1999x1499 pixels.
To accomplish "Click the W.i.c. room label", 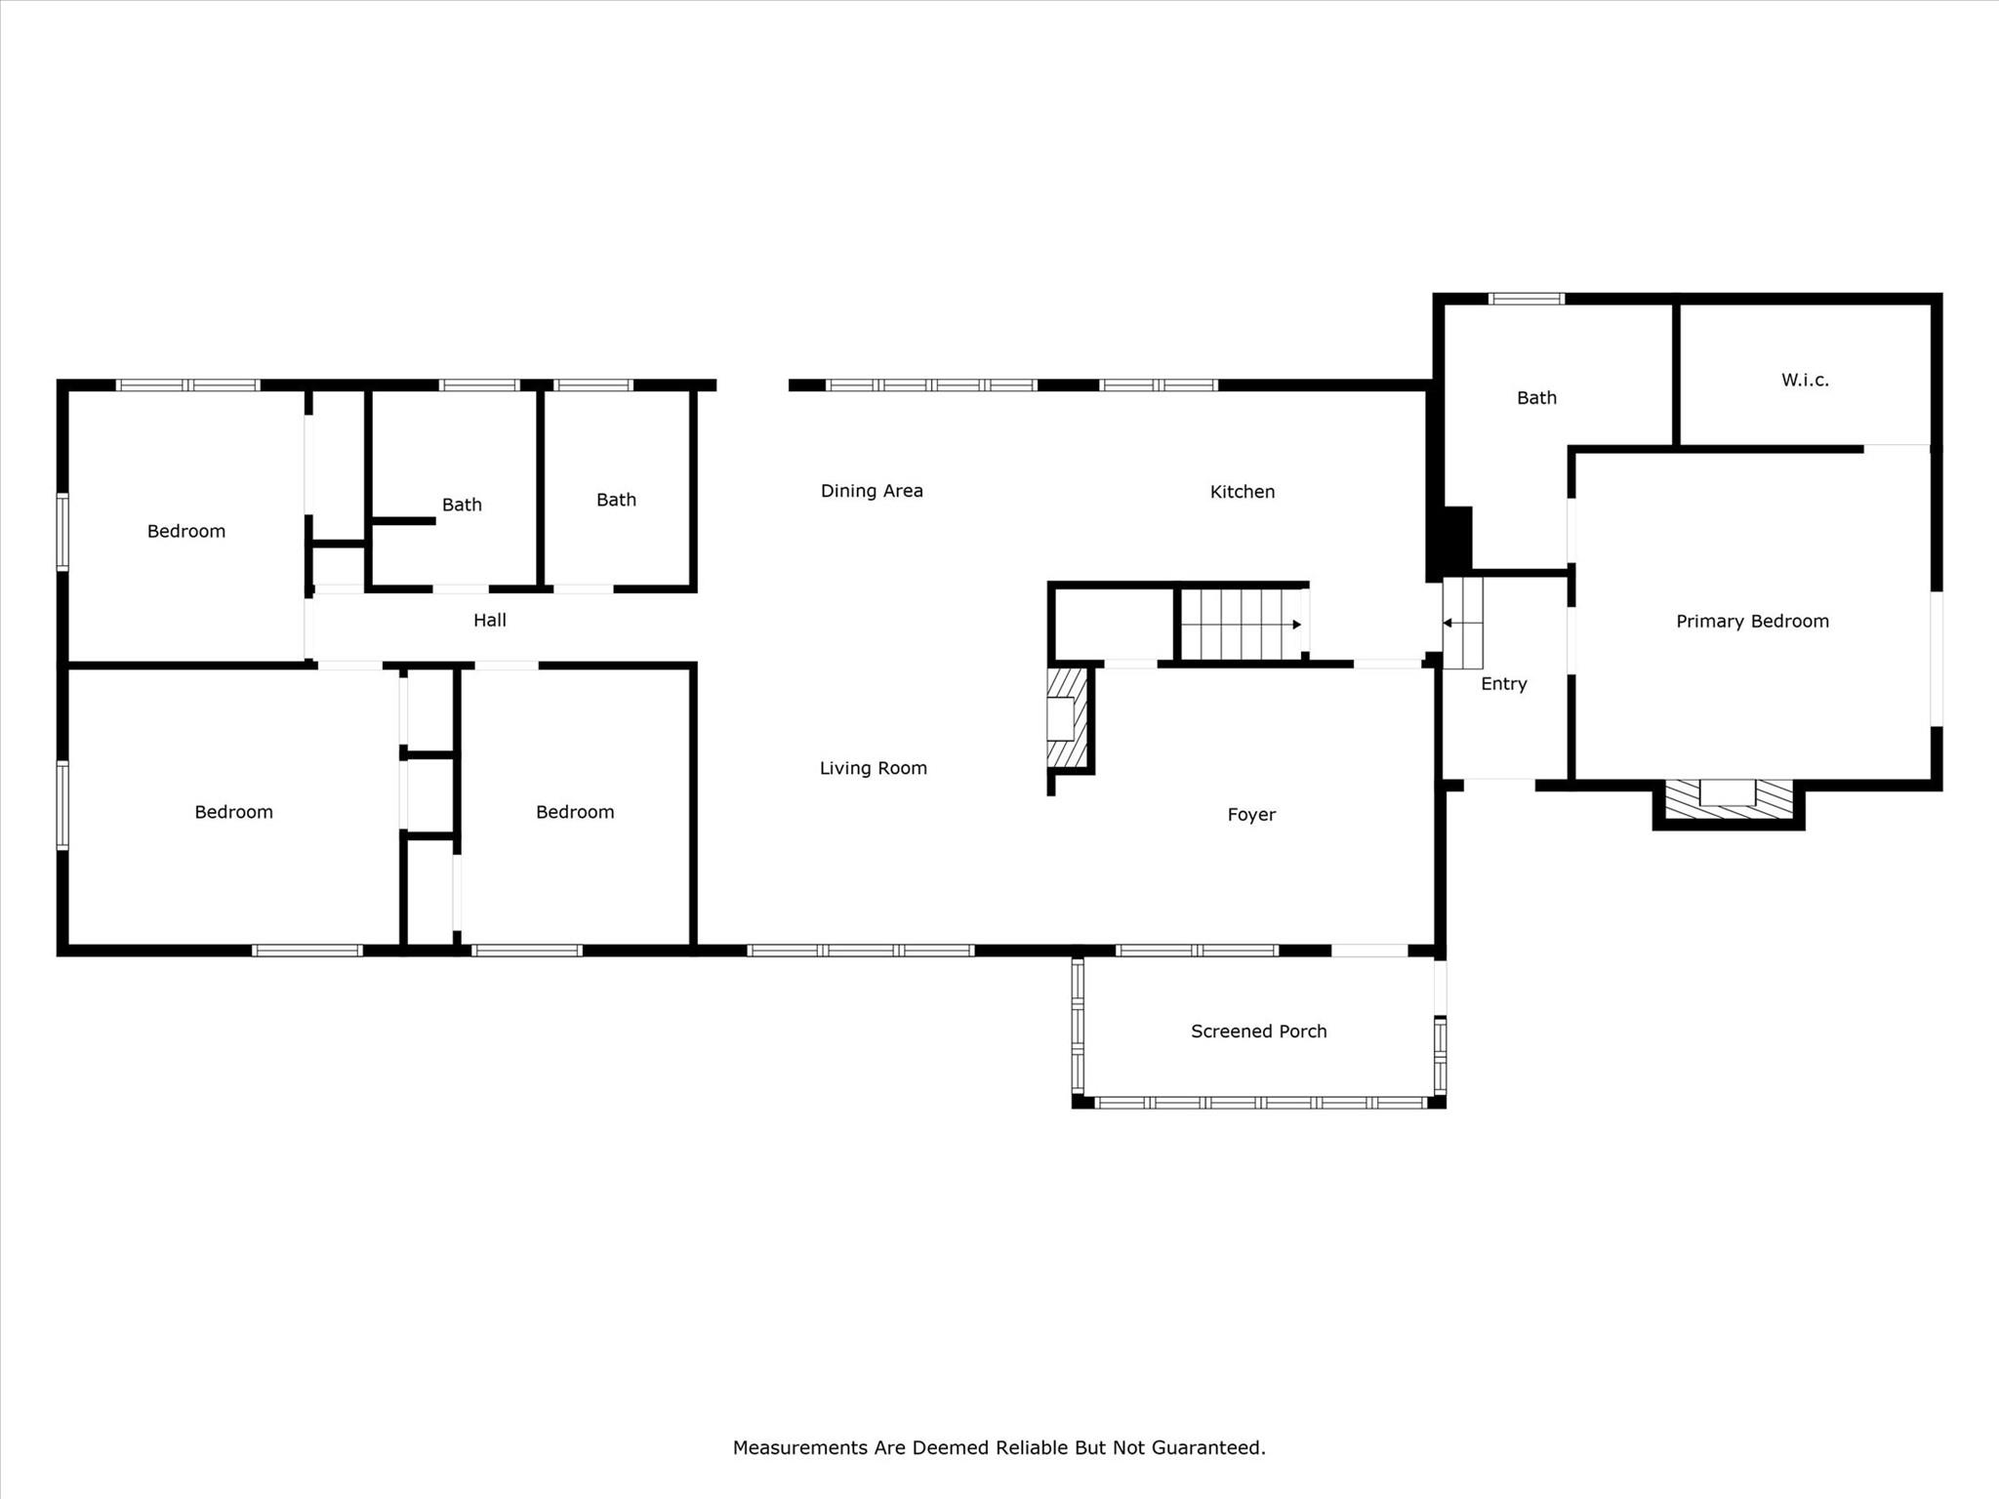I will pos(1805,381).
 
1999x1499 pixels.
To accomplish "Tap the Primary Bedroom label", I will pos(1752,622).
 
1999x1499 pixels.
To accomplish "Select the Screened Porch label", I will pos(1258,1032).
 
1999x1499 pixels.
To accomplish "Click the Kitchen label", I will pos(1242,492).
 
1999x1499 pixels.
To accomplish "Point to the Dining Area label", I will pos(872,491).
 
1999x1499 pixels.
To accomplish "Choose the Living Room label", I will pos(873,768).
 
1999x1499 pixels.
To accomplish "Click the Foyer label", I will pos(1251,815).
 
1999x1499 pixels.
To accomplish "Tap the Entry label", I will pos(1503,684).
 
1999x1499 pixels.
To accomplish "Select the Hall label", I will pos(489,620).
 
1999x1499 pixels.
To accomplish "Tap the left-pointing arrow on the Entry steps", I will pos(1448,623).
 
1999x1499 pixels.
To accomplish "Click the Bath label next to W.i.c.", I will pos(1536,398).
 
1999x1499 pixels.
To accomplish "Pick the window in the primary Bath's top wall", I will pos(1526,299).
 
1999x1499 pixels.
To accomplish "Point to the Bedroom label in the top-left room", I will pos(185,532).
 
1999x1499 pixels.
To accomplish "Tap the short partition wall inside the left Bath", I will pos(403,521).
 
